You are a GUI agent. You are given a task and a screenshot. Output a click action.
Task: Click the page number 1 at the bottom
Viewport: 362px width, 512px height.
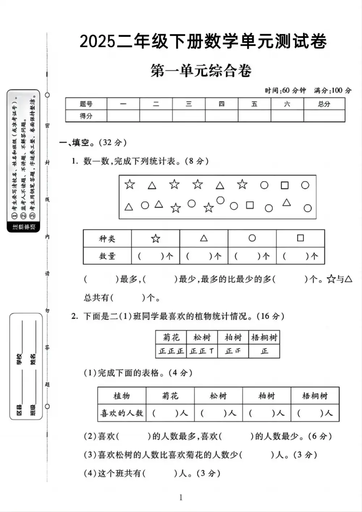181,498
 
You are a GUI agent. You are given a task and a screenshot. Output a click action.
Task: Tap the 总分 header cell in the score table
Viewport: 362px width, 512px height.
324,104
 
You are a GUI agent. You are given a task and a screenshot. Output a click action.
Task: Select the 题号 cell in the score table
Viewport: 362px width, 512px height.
86,104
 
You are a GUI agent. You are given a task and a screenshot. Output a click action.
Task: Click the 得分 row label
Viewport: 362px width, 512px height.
86,116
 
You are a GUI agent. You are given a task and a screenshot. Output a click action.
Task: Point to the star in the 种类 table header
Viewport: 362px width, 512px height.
156,238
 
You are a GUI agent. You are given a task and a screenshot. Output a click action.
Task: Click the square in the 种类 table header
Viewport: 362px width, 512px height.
300,238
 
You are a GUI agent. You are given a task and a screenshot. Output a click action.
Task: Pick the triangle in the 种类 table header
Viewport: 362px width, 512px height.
204,238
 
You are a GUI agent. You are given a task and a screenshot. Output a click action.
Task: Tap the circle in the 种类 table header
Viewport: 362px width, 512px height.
252,238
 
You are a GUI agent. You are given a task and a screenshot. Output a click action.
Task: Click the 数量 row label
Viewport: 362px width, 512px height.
107,256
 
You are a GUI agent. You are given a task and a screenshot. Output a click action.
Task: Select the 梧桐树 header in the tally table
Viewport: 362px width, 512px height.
264,337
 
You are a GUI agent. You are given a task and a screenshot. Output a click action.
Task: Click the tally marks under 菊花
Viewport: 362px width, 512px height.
171,351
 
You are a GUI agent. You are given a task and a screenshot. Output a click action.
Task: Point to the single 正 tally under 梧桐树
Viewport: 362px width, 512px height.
265,351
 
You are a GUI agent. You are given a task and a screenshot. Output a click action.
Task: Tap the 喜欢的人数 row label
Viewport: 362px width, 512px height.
122,413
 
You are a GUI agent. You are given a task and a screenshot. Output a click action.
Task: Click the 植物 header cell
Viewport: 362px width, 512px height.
122,396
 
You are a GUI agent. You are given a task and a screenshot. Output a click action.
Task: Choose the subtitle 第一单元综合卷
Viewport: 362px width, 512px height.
201,71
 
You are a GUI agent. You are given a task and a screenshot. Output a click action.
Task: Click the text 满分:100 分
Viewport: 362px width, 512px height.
333,90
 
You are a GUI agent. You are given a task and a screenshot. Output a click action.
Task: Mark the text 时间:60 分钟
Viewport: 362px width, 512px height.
285,90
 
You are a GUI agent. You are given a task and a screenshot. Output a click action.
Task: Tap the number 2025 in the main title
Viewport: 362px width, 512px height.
97,42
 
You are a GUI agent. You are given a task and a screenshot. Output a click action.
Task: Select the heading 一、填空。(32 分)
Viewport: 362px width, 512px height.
93,143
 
